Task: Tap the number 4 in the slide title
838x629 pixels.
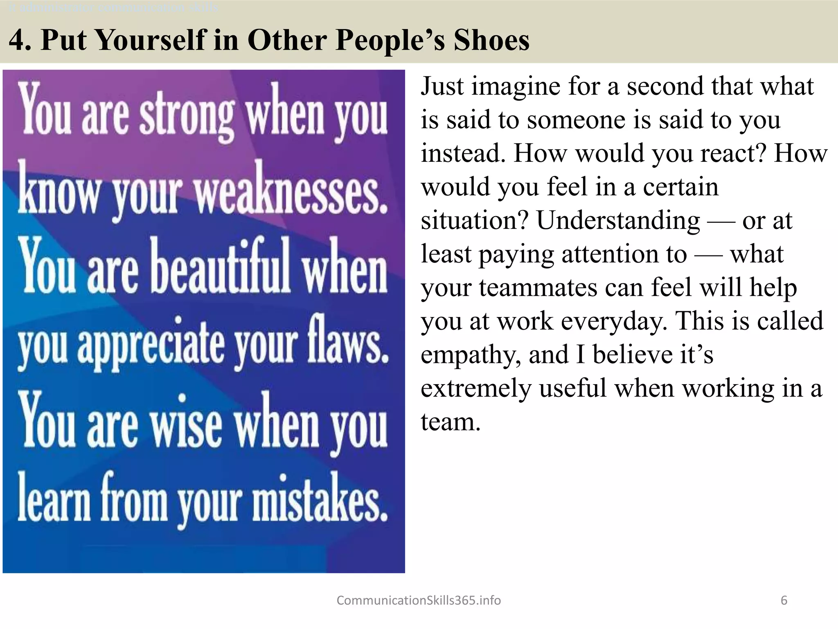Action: (18, 41)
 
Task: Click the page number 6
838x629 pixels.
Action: (784, 600)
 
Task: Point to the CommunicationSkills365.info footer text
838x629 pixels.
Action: (419, 600)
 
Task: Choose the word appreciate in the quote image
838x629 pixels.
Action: (151, 344)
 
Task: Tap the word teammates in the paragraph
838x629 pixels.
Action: (538, 288)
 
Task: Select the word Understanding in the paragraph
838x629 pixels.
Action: (618, 221)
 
